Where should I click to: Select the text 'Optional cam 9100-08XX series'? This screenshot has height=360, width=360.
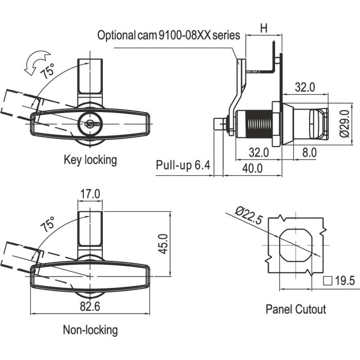pyautogui.click(x=169, y=35)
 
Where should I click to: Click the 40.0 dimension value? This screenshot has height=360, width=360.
pyautogui.click(x=253, y=168)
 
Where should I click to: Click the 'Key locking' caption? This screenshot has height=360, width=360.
pyautogui.click(x=90, y=160)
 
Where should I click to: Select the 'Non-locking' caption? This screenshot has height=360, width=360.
pyautogui.click(x=90, y=330)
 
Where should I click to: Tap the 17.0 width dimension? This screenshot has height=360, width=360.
pyautogui.click(x=91, y=194)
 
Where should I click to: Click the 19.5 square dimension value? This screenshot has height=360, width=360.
pyautogui.click(x=345, y=281)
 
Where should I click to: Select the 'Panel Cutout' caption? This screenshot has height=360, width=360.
pyautogui.click(x=296, y=309)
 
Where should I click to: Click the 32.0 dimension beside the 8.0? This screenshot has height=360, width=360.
pyautogui.click(x=259, y=153)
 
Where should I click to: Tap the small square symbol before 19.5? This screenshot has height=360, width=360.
pyautogui.click(x=328, y=281)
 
